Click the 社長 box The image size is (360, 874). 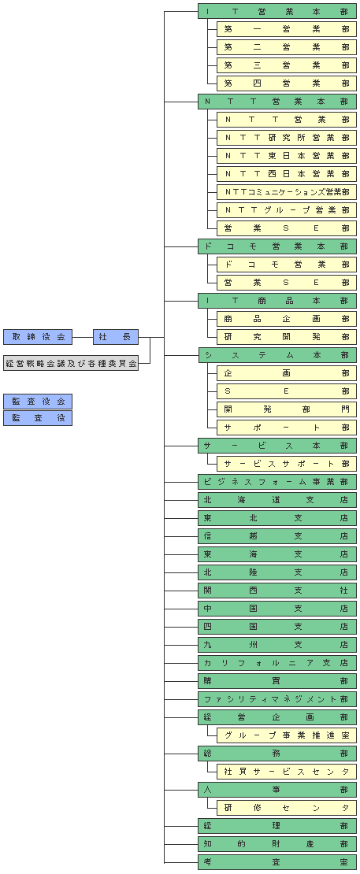point(116,337)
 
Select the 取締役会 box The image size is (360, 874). point(38,337)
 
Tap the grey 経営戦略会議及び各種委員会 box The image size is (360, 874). point(71,363)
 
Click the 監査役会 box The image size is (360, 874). point(38,402)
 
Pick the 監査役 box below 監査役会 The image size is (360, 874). point(38,418)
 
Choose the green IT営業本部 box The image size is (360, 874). point(277,11)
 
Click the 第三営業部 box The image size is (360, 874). point(287,65)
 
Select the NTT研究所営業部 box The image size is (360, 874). point(287,138)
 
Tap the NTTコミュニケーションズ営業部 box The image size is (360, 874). point(287,192)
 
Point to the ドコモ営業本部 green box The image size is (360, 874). point(277,246)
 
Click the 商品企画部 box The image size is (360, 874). point(287,319)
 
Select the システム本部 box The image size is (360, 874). point(277,355)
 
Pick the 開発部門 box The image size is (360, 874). point(287,409)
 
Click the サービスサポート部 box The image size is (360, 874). point(287,464)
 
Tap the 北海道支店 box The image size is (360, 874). point(277,500)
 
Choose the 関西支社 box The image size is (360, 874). point(277,591)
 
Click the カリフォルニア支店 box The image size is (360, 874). point(277,663)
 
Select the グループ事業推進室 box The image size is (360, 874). point(287,735)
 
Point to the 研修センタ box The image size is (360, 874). point(287,808)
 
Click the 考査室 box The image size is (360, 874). point(277,862)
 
